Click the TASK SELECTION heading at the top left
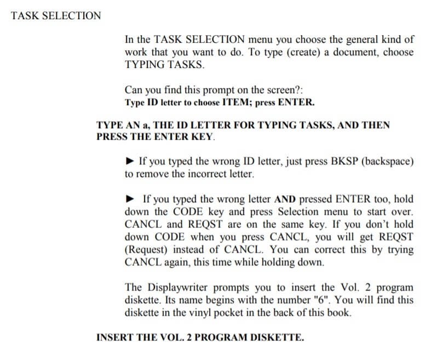(56, 15)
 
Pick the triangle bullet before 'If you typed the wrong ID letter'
(130, 162)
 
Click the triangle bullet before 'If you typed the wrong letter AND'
(130, 199)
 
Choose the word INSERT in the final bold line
(113, 337)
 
